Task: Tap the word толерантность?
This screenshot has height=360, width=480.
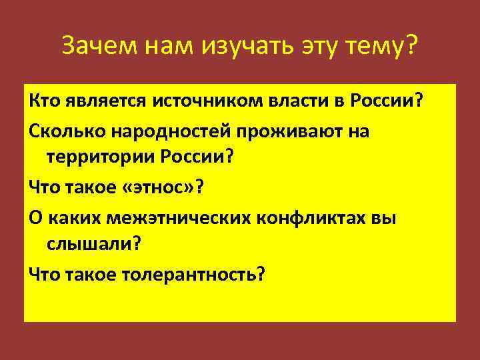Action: coord(191,274)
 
